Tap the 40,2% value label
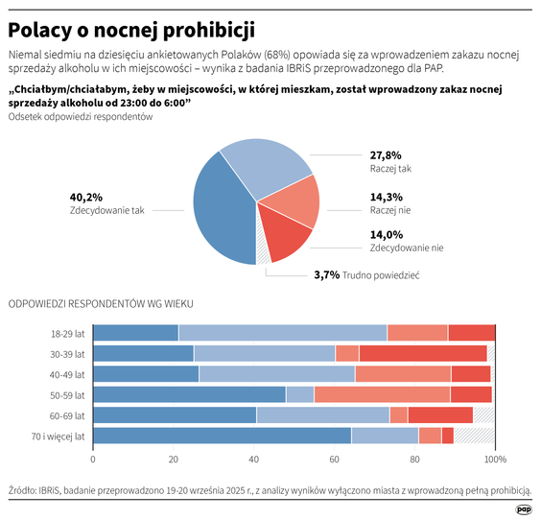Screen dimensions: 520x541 pyautogui.click(x=85, y=197)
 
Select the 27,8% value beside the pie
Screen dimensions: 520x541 pyautogui.click(x=386, y=155)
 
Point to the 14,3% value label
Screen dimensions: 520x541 pyautogui.click(x=386, y=197)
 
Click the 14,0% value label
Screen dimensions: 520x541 pyautogui.click(x=386, y=234)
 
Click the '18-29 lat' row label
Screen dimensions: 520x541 pyautogui.click(x=67, y=333)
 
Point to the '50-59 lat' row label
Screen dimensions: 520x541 pyautogui.click(x=67, y=394)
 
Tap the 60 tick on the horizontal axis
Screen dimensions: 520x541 pyautogui.click(x=334, y=459)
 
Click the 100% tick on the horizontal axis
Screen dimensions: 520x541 pyautogui.click(x=494, y=459)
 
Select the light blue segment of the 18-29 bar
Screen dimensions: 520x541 pyautogui.click(x=282, y=333)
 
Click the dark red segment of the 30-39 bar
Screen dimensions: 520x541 pyautogui.click(x=422, y=353)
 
